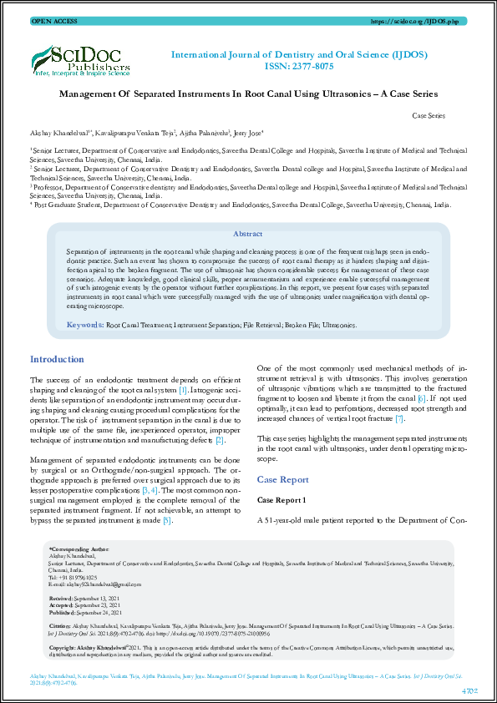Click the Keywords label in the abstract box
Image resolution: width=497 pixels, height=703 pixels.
pos(84,324)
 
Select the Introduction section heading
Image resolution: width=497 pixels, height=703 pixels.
pos(57,359)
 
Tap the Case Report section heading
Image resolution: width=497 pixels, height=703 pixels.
pos(284,480)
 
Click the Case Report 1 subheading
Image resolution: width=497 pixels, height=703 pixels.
pos(282,499)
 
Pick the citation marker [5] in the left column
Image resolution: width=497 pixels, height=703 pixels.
pos(167,520)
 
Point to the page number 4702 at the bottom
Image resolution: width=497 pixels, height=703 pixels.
pos(469,690)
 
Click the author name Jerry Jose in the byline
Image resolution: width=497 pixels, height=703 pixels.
pos(249,133)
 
